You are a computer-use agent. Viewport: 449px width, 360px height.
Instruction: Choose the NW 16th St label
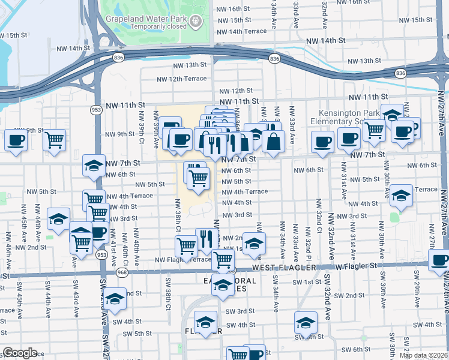pos(230,9)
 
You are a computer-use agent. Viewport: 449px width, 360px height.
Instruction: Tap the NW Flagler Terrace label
pos(182,260)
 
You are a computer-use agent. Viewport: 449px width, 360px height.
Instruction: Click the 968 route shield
pos(122,272)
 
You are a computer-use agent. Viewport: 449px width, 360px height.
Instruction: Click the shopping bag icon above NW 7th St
pos(273,142)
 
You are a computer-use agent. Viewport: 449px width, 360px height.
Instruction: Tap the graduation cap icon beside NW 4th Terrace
pos(401,196)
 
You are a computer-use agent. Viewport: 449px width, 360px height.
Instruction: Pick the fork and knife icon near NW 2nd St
pos(207,239)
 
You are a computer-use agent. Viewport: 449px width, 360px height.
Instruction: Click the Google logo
pos(20,353)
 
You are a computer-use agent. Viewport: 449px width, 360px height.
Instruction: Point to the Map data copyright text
pos(424,355)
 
